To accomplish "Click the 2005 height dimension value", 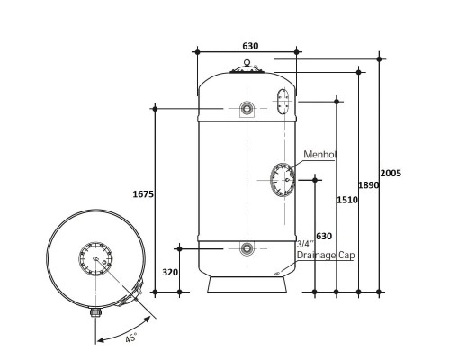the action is (391, 174).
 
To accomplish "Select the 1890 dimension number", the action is (369, 185).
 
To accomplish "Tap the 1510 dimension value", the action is (347, 200).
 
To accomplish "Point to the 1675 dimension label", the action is (143, 194).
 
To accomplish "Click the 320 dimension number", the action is (170, 272).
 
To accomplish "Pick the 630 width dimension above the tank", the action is (250, 46).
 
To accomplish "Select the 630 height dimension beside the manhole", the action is (324, 237).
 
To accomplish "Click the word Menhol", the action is (319, 155).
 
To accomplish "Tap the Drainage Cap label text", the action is (326, 255).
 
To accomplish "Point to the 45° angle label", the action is (131, 337).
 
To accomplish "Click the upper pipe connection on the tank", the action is (247, 109).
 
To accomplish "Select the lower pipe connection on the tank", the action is (247, 248).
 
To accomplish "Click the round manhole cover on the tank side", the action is (283, 180).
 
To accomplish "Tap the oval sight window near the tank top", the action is (283, 102).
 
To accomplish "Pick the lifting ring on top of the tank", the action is (247, 62).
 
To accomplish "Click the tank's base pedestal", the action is (247, 284).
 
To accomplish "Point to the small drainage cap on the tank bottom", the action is (277, 273).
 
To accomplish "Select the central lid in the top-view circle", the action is (95, 258).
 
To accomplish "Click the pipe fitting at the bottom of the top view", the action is (95, 312).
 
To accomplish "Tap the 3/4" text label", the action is (305, 244).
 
